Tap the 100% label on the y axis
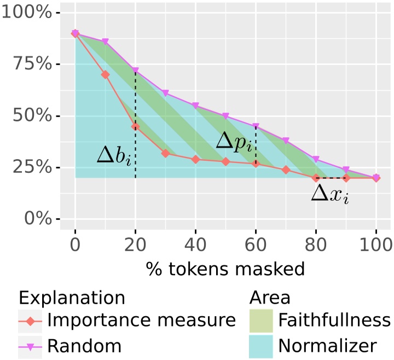click(x=27, y=13)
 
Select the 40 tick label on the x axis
click(x=195, y=243)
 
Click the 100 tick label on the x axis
click(x=376, y=243)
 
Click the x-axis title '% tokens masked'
click(x=225, y=269)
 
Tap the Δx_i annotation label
click(x=329, y=194)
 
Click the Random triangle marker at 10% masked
click(x=105, y=42)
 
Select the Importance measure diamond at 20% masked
click(x=135, y=127)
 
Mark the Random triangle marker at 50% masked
click(x=225, y=116)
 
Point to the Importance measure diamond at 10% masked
click(x=105, y=74)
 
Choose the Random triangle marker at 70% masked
click(x=286, y=141)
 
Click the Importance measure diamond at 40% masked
click(x=195, y=159)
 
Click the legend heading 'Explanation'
click(x=72, y=297)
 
